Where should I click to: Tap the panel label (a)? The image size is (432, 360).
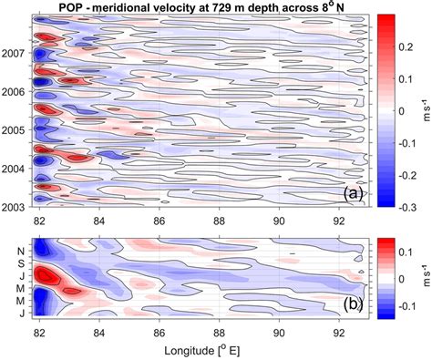click(351, 193)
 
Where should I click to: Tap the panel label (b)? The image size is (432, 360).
click(351, 305)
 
